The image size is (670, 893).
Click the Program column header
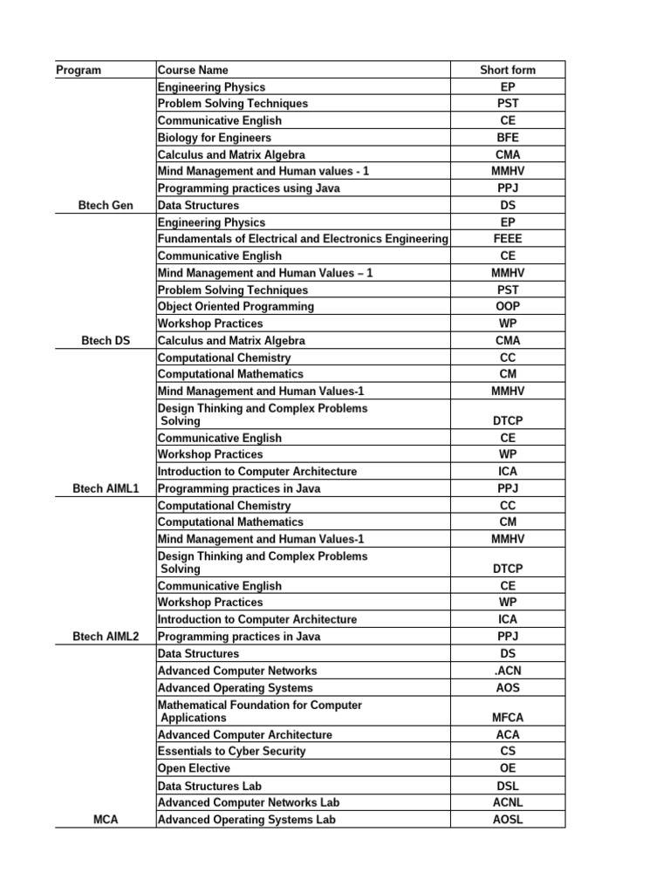click(79, 70)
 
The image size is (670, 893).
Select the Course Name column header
click(192, 70)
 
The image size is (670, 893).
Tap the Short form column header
click(508, 70)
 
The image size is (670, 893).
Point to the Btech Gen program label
click(105, 205)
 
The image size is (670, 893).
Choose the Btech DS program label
click(105, 341)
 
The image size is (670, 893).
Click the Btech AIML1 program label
click(105, 488)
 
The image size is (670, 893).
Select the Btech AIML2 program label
click(105, 637)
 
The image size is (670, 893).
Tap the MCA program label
click(105, 820)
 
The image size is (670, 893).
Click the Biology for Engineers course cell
click(214, 138)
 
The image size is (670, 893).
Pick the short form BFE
click(508, 138)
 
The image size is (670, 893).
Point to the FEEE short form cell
click(508, 239)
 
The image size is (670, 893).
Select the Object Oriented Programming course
click(236, 307)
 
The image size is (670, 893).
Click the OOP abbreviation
click(508, 307)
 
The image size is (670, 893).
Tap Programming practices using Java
click(249, 188)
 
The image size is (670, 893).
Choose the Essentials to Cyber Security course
click(231, 751)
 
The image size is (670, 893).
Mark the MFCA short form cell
click(508, 718)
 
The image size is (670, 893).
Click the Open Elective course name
click(194, 768)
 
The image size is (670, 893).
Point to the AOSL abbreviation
click(508, 820)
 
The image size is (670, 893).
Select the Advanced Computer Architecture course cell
click(244, 734)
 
